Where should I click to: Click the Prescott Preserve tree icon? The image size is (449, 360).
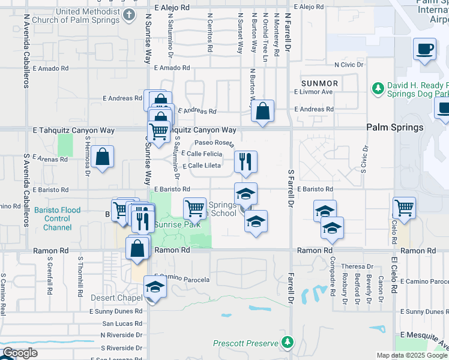(288, 342)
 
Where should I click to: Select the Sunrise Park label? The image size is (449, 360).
(178, 225)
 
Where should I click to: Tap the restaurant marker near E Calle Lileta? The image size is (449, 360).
(246, 161)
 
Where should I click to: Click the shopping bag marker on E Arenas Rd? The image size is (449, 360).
(103, 157)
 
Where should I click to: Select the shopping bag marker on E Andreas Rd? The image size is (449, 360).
(262, 110)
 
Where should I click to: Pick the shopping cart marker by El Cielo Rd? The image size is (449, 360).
(404, 208)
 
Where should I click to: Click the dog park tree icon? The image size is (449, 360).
(378, 89)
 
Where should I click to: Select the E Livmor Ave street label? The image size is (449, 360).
(313, 92)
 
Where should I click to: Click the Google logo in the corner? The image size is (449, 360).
(20, 353)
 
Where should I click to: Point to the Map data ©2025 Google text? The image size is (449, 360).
(412, 355)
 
